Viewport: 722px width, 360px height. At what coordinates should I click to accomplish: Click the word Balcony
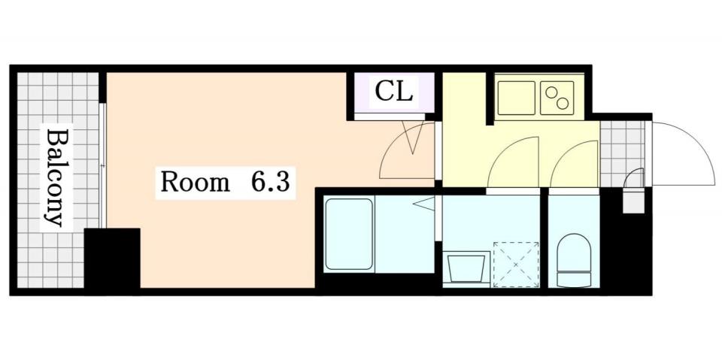coord(55,178)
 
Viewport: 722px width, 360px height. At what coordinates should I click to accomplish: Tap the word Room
coord(194,183)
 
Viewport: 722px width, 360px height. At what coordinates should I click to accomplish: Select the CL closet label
coord(393,92)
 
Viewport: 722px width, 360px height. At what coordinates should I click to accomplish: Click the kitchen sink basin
coord(516,98)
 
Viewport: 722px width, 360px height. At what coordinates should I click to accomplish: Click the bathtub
coord(349,233)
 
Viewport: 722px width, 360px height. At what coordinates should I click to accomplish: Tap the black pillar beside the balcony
coord(112,259)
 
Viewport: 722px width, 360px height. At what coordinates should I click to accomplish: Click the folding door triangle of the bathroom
coord(426,204)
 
